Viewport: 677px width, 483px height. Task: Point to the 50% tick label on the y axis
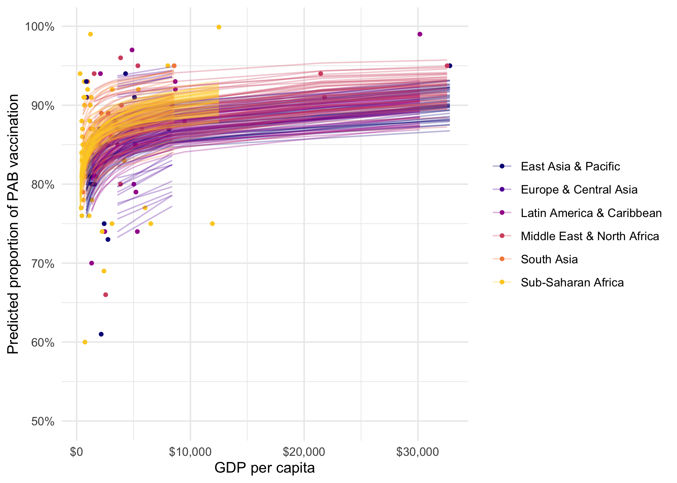coord(43,422)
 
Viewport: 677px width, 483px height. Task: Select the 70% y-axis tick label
coord(43,264)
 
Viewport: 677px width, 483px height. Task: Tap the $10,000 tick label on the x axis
coord(190,452)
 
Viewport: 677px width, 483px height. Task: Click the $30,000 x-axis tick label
coord(417,452)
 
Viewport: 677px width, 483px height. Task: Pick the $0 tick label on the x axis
coord(77,452)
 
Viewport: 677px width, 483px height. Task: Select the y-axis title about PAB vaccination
coord(13,224)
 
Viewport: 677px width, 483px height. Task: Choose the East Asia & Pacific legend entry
coord(570,166)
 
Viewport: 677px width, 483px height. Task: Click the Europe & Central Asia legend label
coord(579,190)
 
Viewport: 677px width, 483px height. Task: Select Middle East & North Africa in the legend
coord(590,236)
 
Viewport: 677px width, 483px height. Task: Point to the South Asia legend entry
coord(549,259)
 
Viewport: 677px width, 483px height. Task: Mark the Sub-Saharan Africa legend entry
coord(572,282)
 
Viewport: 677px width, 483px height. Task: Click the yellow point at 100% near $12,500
coord(219,27)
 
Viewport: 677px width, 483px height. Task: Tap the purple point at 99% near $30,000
coord(420,34)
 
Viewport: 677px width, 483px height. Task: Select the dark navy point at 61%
coord(101,334)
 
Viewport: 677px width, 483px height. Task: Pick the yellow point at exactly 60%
coord(85,342)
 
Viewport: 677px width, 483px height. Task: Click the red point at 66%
coord(105,294)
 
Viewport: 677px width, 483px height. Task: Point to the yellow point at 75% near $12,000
coord(212,224)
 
